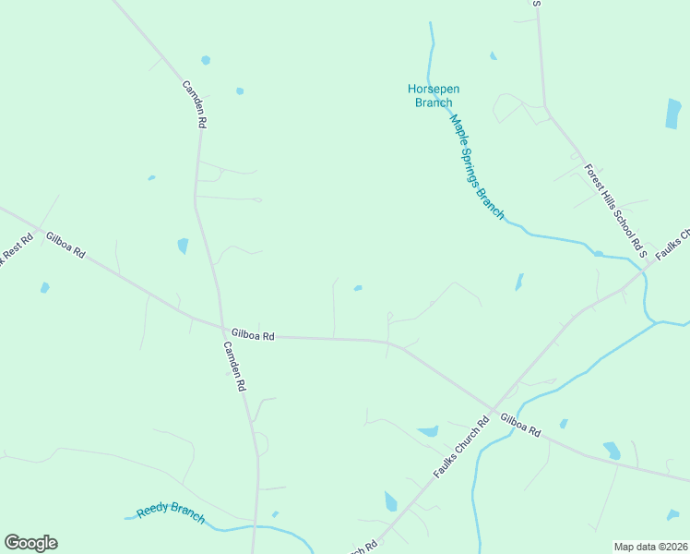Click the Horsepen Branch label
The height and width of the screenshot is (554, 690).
[x=434, y=96]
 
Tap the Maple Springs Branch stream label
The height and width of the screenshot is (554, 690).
[x=477, y=167]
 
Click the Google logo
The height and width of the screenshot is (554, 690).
[x=30, y=543]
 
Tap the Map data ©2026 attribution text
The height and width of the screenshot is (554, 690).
[x=650, y=547]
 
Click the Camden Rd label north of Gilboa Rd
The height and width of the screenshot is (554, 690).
[x=194, y=102]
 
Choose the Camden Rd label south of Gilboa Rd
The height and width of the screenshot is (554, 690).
[x=235, y=367]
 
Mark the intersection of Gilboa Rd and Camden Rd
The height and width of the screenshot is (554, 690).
[x=222, y=328]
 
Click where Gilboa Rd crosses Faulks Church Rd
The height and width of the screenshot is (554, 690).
[x=493, y=409]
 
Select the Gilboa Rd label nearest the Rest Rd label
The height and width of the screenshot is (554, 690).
[x=65, y=245]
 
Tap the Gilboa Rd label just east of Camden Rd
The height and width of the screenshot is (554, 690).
[x=254, y=335]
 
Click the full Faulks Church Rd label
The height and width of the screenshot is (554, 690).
[x=460, y=449]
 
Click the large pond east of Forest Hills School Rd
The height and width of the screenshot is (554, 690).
[x=673, y=113]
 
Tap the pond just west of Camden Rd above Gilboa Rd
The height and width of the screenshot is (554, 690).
[x=183, y=246]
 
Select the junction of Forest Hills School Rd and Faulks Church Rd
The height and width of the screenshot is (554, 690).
[x=643, y=269]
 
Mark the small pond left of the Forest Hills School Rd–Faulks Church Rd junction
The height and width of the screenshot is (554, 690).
[x=598, y=253]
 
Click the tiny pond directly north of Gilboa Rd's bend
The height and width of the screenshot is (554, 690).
[x=358, y=288]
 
